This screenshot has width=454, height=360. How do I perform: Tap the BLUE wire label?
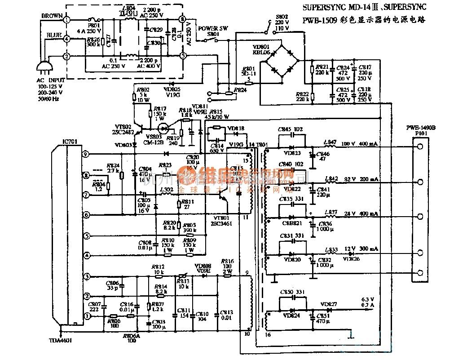pyautogui.click(x=54, y=35)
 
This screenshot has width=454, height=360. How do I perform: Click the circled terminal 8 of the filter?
pyautogui.click(x=182, y=19)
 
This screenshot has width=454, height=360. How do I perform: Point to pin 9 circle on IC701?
pyautogui.click(x=85, y=154)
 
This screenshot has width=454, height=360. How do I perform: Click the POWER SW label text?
pyautogui.click(x=213, y=28)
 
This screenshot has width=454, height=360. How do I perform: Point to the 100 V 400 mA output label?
pyautogui.click(x=361, y=144)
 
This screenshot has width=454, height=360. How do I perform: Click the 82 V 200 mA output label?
pyautogui.click(x=360, y=179)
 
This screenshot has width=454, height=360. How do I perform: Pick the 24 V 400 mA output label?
pyautogui.click(x=360, y=213)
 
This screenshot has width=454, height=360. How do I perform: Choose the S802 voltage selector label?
pyautogui.click(x=280, y=18)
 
